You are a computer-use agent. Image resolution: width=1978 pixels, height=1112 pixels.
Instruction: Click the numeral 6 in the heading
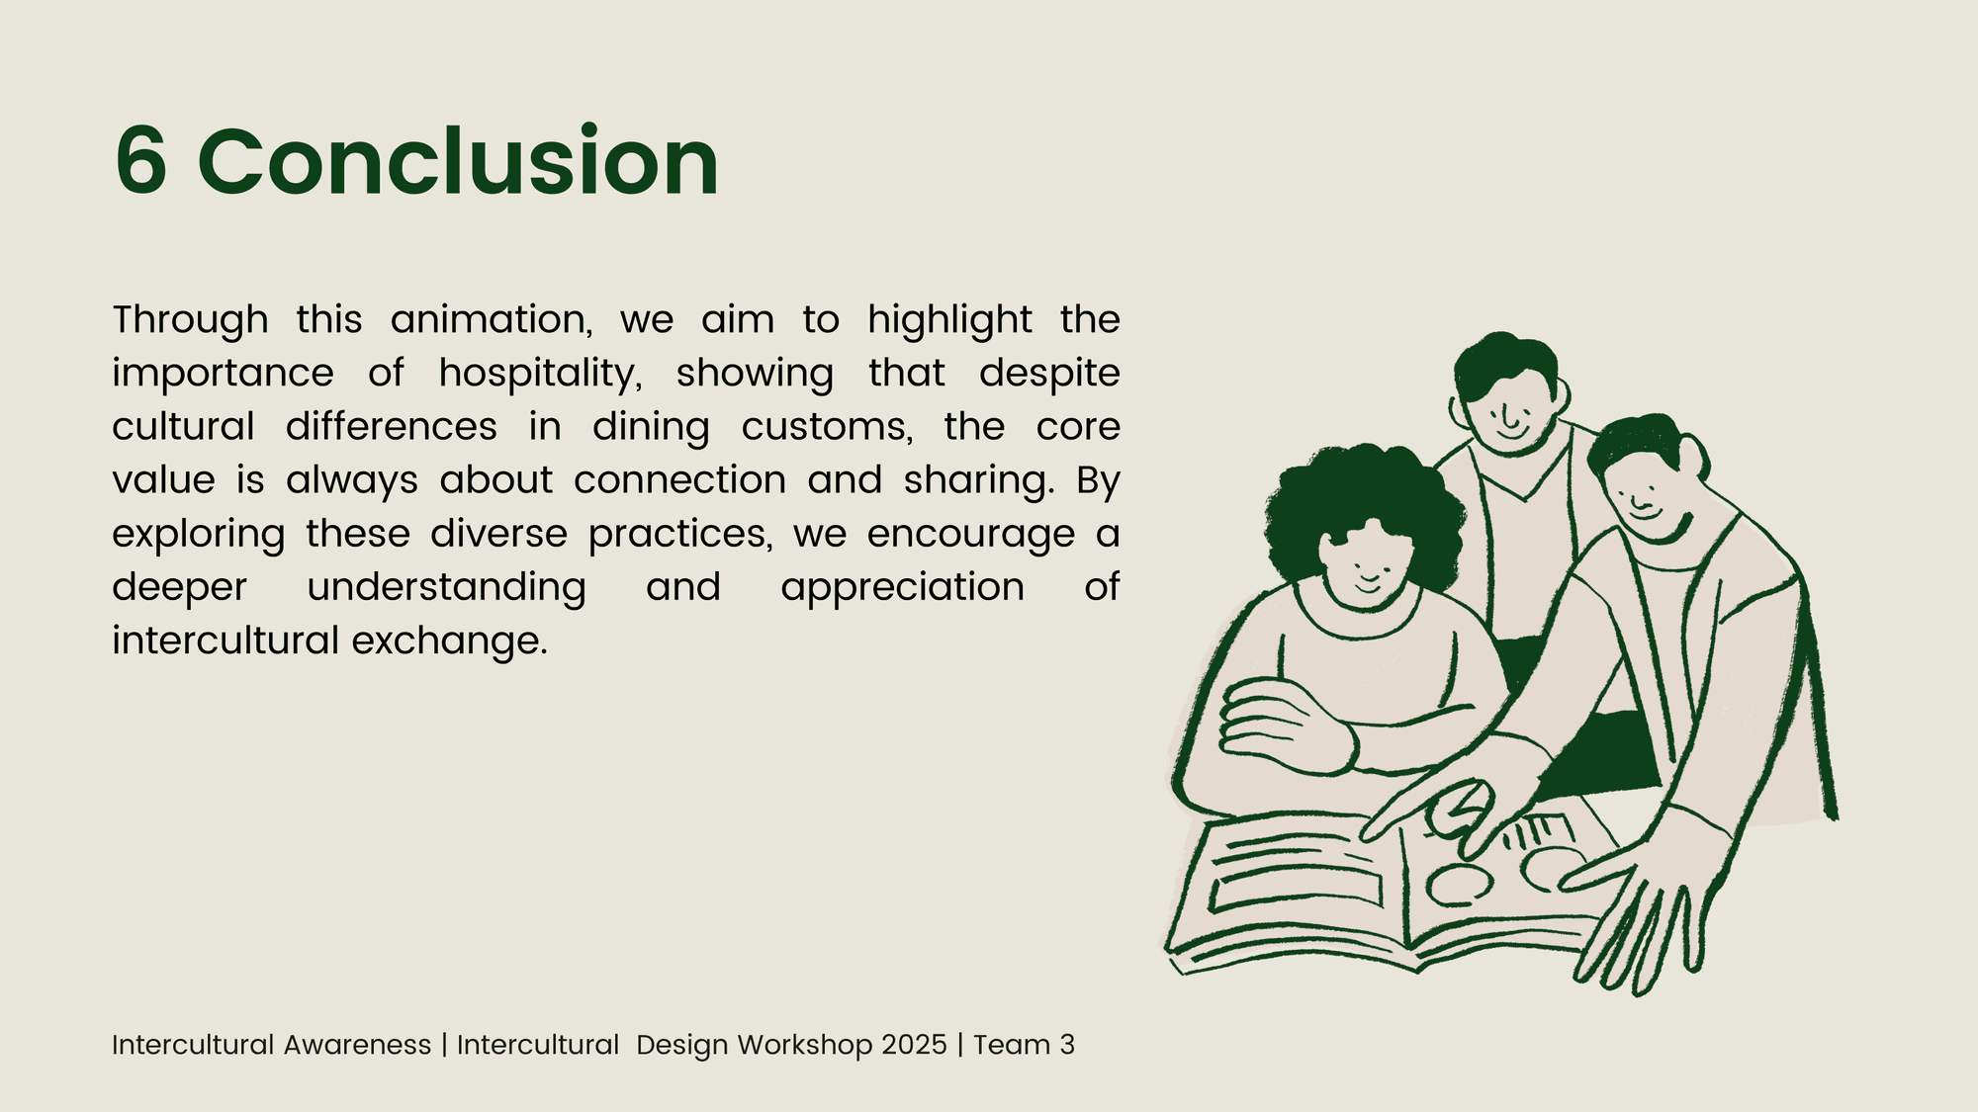pyautogui.click(x=140, y=161)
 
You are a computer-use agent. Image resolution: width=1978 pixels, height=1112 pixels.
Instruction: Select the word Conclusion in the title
pyautogui.click(x=458, y=160)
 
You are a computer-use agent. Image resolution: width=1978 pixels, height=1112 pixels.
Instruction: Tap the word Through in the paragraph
pyautogui.click(x=190, y=321)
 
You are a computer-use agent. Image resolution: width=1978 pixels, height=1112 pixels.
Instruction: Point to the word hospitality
pyautogui.click(x=540, y=375)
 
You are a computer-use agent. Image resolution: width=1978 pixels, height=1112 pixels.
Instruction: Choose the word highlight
pyautogui.click(x=949, y=321)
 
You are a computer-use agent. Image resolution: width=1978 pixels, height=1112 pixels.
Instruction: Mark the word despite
pyautogui.click(x=1049, y=375)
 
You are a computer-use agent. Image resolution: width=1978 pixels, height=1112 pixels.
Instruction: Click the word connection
pyautogui.click(x=679, y=480)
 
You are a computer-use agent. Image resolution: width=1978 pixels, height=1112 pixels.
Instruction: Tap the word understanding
pyautogui.click(x=446, y=588)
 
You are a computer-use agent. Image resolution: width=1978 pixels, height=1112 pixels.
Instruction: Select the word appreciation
pyautogui.click(x=902, y=588)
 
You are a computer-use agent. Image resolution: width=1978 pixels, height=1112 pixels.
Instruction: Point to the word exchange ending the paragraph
pyautogui.click(x=449, y=642)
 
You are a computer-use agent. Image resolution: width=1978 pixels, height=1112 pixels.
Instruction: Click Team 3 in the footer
pyautogui.click(x=1024, y=1045)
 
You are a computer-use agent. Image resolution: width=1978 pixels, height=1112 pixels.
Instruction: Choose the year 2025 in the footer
pyautogui.click(x=914, y=1045)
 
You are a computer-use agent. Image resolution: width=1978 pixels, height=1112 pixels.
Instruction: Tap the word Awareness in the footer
pyautogui.click(x=357, y=1045)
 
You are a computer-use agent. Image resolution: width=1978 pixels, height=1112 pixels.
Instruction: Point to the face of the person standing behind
pyautogui.click(x=1509, y=405)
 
